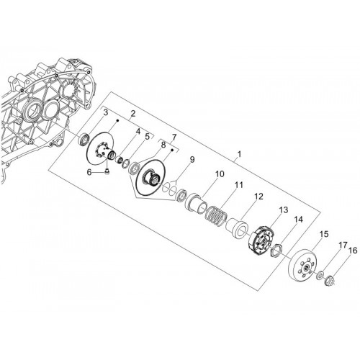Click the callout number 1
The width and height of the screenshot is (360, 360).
tap(239, 154)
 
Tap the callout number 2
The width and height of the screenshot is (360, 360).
tap(133, 114)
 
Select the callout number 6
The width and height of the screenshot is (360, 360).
tap(89, 172)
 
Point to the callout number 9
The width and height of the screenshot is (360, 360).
tap(192, 160)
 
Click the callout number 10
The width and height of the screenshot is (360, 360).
tap(220, 174)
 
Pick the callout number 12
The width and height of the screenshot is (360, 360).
tap(258, 197)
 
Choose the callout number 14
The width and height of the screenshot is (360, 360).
tap(298, 220)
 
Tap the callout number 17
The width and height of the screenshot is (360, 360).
tap(343, 245)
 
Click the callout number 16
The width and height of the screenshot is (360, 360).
tap(353, 251)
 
